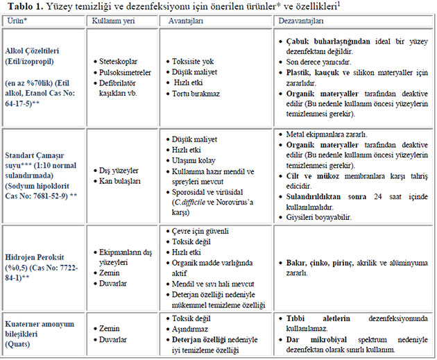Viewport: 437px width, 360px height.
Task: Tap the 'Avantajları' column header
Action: point(186,22)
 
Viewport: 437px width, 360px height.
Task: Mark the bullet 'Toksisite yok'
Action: point(194,61)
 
